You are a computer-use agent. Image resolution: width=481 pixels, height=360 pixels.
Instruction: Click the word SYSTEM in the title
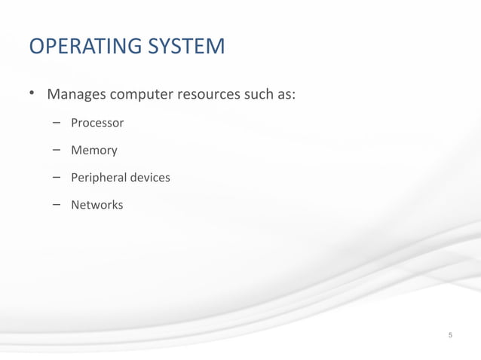point(187,47)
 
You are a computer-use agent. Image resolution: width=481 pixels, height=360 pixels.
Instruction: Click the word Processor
point(97,123)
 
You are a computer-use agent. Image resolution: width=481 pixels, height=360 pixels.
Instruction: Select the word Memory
point(94,151)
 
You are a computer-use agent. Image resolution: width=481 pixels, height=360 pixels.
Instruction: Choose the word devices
point(150,178)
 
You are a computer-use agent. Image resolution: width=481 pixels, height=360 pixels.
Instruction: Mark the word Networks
point(97,205)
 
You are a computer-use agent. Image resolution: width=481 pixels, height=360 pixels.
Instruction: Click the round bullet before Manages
point(32,95)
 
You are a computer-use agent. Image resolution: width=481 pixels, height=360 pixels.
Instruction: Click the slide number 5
point(450,334)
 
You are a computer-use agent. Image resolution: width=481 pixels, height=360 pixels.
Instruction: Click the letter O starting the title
point(36,47)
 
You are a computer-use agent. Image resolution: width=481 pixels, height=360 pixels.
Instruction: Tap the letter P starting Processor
point(75,123)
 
